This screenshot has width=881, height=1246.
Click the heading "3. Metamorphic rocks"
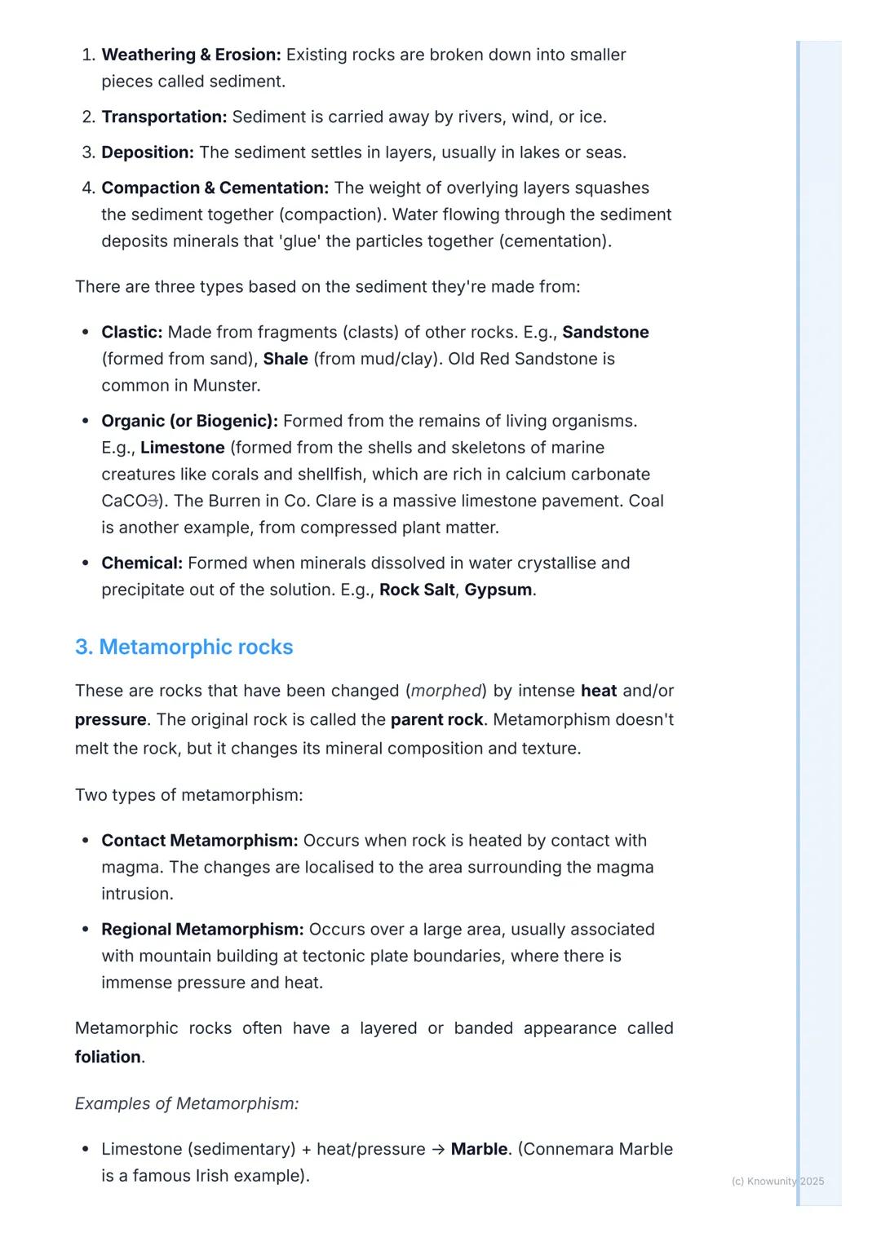click(x=184, y=647)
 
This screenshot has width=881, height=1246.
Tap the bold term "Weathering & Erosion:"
click(x=191, y=55)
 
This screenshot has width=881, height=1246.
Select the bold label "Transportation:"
click(x=164, y=117)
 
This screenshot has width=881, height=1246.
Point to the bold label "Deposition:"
click(x=148, y=152)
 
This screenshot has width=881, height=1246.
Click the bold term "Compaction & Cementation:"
click(x=215, y=188)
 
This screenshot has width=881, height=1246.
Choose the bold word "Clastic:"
click(x=132, y=332)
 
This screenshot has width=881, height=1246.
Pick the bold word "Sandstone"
click(x=605, y=332)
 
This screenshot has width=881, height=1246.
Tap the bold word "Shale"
click(x=286, y=359)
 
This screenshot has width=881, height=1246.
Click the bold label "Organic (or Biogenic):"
click(x=189, y=421)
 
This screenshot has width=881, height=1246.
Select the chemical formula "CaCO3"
click(x=129, y=501)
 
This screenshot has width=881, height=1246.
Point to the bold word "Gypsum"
click(x=498, y=590)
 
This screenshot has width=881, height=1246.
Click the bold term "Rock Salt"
click(x=417, y=590)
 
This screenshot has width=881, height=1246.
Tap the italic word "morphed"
click(x=446, y=691)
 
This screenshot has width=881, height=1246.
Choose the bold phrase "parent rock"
click(x=436, y=720)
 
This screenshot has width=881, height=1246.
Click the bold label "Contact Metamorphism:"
click(x=200, y=841)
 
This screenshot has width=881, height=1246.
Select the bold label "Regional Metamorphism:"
click(x=202, y=930)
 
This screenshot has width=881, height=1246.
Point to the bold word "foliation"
click(x=108, y=1057)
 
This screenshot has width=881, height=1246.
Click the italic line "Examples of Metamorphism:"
click(x=187, y=1103)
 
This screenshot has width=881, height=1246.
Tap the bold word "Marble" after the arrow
click(x=480, y=1149)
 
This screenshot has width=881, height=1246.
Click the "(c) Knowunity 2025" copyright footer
click(x=777, y=1181)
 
